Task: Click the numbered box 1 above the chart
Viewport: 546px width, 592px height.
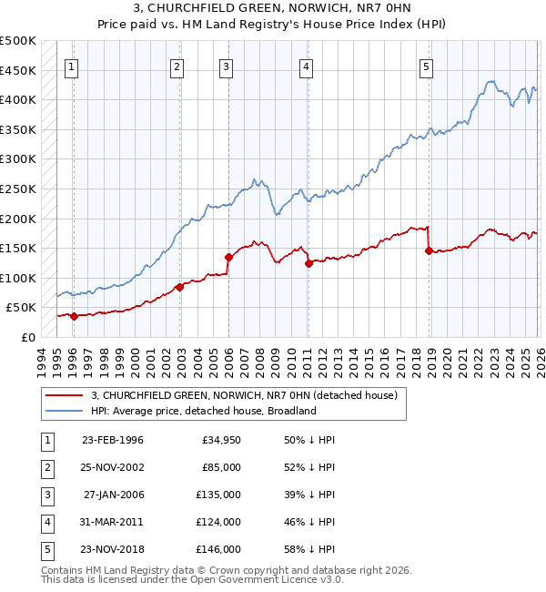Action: (72, 66)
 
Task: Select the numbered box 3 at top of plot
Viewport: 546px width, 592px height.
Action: (225, 66)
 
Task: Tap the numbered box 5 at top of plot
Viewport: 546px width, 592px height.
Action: (427, 66)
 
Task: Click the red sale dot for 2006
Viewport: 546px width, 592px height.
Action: (228, 257)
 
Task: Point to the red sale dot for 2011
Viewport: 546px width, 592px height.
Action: (308, 263)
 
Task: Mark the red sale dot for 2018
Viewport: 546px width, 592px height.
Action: (429, 250)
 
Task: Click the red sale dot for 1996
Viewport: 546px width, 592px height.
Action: (74, 316)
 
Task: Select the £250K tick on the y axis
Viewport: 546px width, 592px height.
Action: (18, 189)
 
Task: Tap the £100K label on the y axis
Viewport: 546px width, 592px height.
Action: (18, 278)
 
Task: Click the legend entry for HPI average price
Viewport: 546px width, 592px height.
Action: (202, 411)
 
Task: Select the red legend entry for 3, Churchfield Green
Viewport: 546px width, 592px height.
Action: (244, 395)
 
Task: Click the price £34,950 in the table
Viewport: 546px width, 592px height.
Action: (219, 440)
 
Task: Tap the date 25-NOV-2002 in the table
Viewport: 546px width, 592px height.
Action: (112, 467)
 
